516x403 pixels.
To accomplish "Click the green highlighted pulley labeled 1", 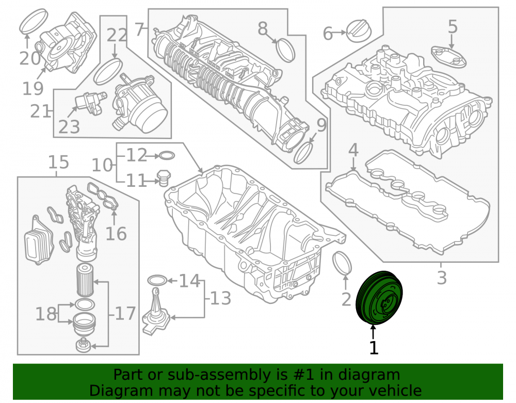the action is pos(379,298).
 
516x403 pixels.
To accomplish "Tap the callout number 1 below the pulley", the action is pos(374,348).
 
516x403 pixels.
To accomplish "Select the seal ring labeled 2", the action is pos(342,263).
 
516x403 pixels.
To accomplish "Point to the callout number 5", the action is pos(453,26).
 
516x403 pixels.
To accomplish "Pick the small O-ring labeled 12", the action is pos(167,155).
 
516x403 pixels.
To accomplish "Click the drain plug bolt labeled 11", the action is pos(164,178).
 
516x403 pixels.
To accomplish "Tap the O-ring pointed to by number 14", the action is pos(157,280).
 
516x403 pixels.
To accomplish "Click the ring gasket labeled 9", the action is pos(303,153).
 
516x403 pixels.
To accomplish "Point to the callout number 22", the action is pos(117,35).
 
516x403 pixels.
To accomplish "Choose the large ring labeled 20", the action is pos(34,21).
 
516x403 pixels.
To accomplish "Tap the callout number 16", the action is pos(116,234).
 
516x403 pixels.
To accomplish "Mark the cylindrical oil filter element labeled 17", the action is pos(85,279).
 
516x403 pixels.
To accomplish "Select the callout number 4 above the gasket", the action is pos(353,150).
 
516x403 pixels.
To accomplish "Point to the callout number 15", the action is pos(59,162).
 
